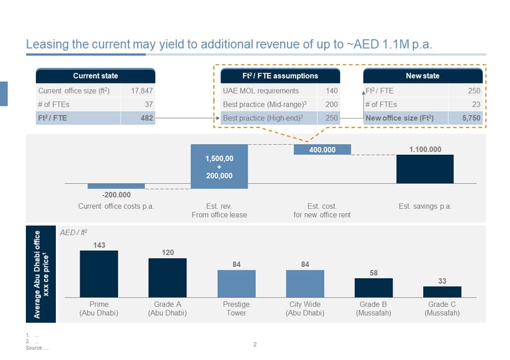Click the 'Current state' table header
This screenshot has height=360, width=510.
point(96,76)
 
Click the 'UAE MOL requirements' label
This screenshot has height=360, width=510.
point(261,90)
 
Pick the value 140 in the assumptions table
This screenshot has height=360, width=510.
point(331,90)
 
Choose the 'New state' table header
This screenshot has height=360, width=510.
point(422,76)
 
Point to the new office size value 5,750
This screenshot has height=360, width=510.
point(473,118)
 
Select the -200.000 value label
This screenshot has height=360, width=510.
point(116,195)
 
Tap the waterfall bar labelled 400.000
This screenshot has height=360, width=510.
point(321,150)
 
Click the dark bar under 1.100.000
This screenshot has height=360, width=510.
point(425,169)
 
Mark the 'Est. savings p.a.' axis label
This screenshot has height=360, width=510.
point(425,207)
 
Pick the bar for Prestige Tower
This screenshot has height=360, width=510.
point(236,283)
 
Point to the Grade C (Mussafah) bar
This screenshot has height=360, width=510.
point(442,292)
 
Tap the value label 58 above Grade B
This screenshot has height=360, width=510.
point(373,272)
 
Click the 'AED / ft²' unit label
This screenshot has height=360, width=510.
point(74,234)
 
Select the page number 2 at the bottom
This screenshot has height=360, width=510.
point(255,344)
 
